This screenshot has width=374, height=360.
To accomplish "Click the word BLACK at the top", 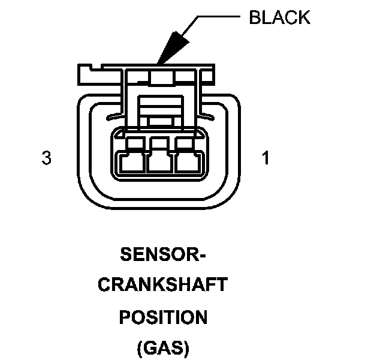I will pyautogui.click(x=279, y=17).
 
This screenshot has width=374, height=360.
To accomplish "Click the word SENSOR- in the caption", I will pyautogui.click(x=163, y=254).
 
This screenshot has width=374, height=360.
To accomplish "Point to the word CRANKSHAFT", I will pyautogui.click(x=162, y=285).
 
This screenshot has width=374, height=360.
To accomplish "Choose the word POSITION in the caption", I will pyautogui.click(x=162, y=316).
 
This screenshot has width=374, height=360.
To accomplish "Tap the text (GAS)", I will pyautogui.click(x=163, y=347).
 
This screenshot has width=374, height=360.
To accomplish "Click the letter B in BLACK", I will pyautogui.click(x=254, y=17).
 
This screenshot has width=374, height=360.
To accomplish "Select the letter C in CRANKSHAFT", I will pyautogui.click(x=102, y=285).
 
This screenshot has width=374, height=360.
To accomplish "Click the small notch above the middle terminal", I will pyautogui.click(x=158, y=142).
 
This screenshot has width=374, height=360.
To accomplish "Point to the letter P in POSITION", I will pyautogui.click(x=125, y=316).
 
